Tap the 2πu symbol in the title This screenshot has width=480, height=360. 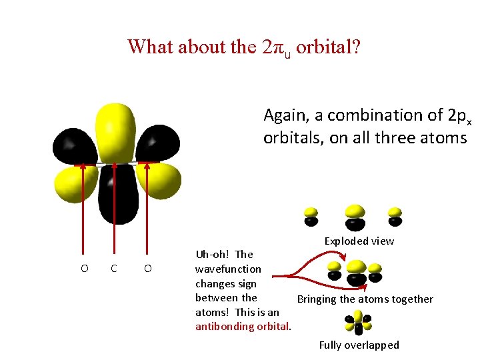pos(277,47)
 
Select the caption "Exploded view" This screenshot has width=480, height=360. pos(359,241)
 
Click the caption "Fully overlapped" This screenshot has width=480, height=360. pos(359,345)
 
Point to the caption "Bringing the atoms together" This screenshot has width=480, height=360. pos(365,299)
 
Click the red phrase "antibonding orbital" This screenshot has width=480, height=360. pos(243,326)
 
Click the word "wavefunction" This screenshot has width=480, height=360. pos(228,269)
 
